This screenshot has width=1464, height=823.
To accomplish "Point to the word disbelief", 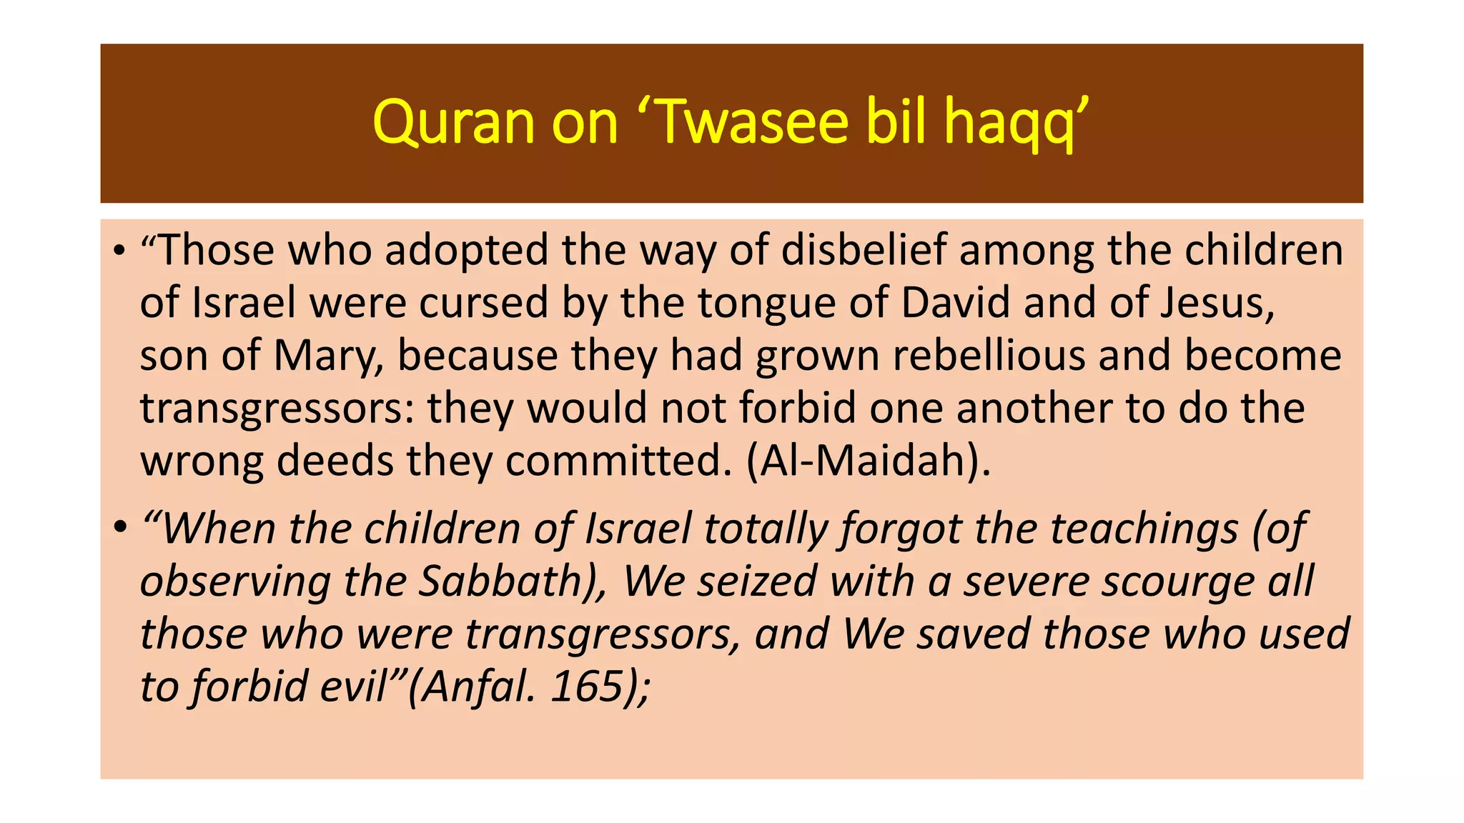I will (863, 251).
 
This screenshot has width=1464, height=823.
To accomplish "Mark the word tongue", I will (766, 304).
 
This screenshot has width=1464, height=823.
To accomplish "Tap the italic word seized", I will (756, 581).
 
